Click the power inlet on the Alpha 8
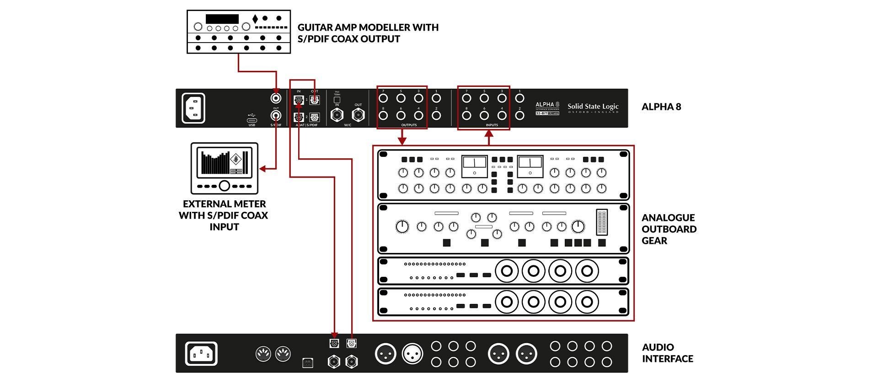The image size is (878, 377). tap(193, 108)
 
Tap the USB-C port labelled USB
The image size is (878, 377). tap(252, 120)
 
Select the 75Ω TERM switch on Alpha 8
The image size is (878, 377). tap(337, 100)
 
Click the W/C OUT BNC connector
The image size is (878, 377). tap(358, 114)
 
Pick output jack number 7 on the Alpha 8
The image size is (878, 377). tap(383, 98)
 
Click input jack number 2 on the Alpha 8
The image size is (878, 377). tap(519, 115)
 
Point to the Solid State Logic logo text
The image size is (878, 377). tap(593, 107)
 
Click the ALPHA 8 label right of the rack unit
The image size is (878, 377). tap(661, 107)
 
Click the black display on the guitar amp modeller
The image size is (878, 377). tap(222, 19)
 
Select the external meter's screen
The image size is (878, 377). tap(224, 163)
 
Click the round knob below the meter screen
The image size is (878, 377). tap(224, 186)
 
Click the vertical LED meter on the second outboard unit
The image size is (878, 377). tap(602, 222)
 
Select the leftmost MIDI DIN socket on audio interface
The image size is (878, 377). tap(262, 354)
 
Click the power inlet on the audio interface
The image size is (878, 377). tap(201, 354)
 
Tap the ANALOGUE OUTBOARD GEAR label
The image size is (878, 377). tap(669, 229)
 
